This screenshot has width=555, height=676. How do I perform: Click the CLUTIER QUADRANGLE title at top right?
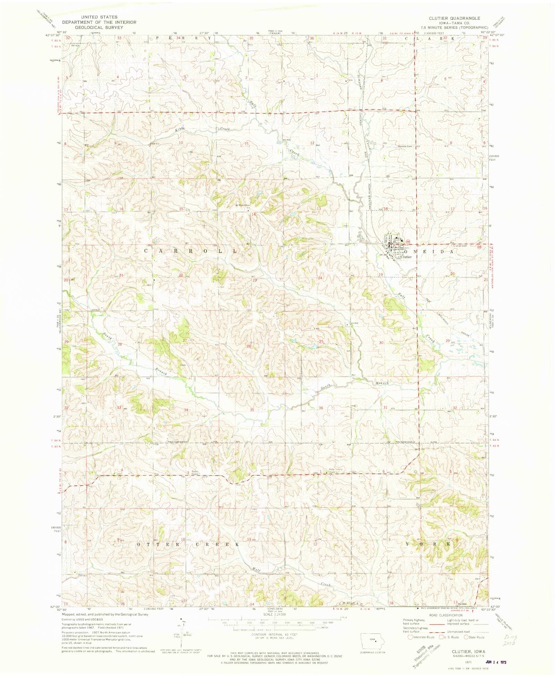(454, 18)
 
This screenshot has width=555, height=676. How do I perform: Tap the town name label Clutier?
(406, 257)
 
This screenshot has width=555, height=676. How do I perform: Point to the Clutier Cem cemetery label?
(460, 246)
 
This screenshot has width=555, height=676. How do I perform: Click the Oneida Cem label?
(405, 146)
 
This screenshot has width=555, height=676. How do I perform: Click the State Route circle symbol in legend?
(467, 637)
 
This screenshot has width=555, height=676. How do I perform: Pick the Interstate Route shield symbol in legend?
(410, 637)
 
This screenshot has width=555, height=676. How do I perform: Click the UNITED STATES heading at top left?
(99, 17)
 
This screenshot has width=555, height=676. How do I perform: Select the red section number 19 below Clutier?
(381, 274)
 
